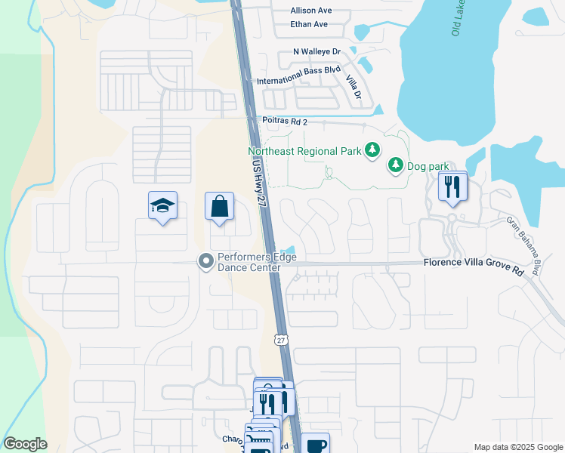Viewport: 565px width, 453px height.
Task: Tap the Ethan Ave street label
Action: coord(309,24)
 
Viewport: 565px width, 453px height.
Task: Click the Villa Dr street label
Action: coord(353,88)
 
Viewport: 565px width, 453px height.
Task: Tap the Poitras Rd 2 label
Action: coord(285,121)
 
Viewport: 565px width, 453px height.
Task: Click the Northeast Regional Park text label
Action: coord(305,151)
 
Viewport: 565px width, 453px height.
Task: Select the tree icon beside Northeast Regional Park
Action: coord(372,151)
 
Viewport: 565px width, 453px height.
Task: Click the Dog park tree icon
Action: coord(395,164)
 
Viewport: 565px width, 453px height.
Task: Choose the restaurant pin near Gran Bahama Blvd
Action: coord(452,186)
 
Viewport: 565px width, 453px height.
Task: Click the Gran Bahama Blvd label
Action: coord(524,245)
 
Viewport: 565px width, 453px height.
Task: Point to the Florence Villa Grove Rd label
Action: coord(474,263)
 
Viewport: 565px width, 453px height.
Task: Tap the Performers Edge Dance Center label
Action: coord(257,262)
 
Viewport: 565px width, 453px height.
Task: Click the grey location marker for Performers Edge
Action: coord(205,262)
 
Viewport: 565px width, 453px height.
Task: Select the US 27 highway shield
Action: coord(280,341)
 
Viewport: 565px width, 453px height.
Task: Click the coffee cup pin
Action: coord(316,443)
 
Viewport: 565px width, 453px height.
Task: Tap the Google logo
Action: coord(25,444)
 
